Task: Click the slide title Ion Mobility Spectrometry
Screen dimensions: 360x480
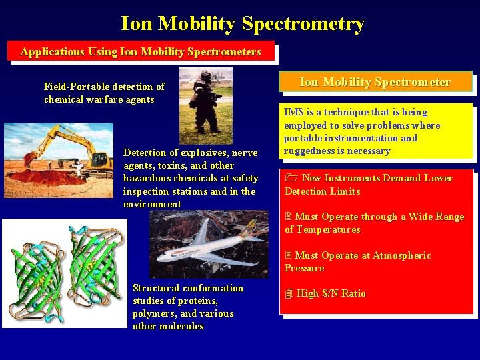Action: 243,24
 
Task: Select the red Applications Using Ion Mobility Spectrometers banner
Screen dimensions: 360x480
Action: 141,51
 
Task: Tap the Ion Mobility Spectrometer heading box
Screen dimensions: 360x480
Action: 375,82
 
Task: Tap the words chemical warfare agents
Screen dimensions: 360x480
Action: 99,99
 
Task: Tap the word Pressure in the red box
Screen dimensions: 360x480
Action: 305,268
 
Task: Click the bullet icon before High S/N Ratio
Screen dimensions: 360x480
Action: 289,293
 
